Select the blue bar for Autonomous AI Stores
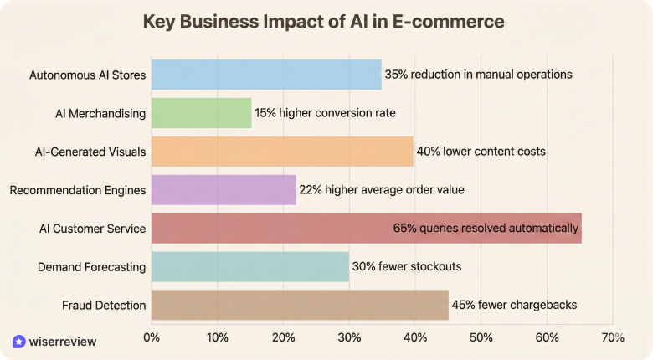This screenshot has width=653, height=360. click(x=266, y=75)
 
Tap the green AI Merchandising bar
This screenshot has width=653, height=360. click(x=201, y=113)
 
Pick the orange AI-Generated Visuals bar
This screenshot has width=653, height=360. click(x=282, y=152)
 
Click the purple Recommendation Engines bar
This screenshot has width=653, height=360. click(x=224, y=190)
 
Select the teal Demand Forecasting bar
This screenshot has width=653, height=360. click(x=250, y=267)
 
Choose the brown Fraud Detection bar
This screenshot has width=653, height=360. click(x=300, y=305)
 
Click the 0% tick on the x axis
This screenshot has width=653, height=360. click(x=152, y=337)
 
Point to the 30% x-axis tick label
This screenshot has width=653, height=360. click(x=349, y=337)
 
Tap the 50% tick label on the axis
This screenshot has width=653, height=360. click(x=481, y=337)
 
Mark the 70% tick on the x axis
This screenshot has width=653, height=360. click(x=613, y=337)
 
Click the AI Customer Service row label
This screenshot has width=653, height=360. click(x=92, y=229)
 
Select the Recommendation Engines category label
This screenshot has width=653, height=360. click(x=78, y=190)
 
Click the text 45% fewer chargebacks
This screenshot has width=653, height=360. click(x=514, y=305)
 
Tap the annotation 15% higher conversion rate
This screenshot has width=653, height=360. click(x=325, y=113)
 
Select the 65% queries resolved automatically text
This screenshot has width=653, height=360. click(x=486, y=228)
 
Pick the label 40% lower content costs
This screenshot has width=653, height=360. click(x=481, y=152)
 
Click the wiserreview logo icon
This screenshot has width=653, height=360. click(x=19, y=342)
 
